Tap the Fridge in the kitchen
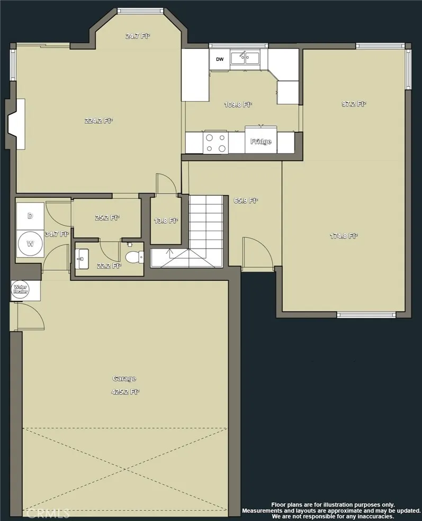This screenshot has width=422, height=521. [261, 141]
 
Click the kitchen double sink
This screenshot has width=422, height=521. [245, 58]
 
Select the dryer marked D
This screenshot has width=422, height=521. [30, 216]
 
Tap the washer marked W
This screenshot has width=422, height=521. [30, 244]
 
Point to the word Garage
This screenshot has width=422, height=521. [124, 378]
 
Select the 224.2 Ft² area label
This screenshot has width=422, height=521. [98, 121]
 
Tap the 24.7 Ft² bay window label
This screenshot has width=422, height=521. [137, 36]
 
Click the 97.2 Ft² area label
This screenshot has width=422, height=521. [353, 104]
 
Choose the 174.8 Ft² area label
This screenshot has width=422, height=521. [344, 236]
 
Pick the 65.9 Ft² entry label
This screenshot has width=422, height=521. [245, 200]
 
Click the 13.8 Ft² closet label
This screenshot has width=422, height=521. [165, 221]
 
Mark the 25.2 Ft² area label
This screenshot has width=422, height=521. [107, 217]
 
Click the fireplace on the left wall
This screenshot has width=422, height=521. [16, 123]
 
